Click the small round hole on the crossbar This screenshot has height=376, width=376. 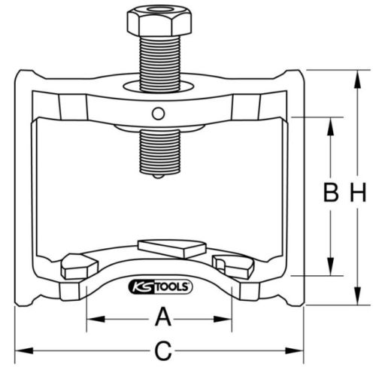(x=157, y=113)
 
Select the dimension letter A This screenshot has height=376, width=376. (x=160, y=319)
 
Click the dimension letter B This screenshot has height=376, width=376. (x=329, y=194)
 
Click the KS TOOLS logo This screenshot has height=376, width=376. (x=161, y=287)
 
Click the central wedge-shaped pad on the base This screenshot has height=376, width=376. (x=171, y=247)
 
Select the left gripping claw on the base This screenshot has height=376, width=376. (x=77, y=264)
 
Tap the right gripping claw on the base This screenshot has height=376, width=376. (x=235, y=264)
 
